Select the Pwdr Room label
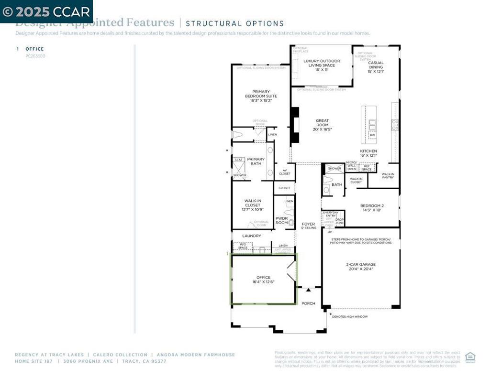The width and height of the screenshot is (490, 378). tap(282, 220)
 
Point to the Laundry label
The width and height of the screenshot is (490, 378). tap(252, 236)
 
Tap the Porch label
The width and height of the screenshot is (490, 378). tap(309, 303)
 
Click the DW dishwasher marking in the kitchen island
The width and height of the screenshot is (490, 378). tap(372, 135)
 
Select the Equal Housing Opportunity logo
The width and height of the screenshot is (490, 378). tap(470, 357)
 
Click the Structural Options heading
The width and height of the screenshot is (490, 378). tap(234, 23)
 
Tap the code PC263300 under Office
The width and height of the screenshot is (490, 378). tap(35, 56)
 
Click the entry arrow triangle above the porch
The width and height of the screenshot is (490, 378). tap(309, 290)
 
